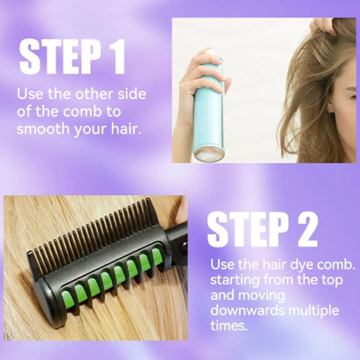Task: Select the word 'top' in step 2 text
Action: (x=330, y=280)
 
